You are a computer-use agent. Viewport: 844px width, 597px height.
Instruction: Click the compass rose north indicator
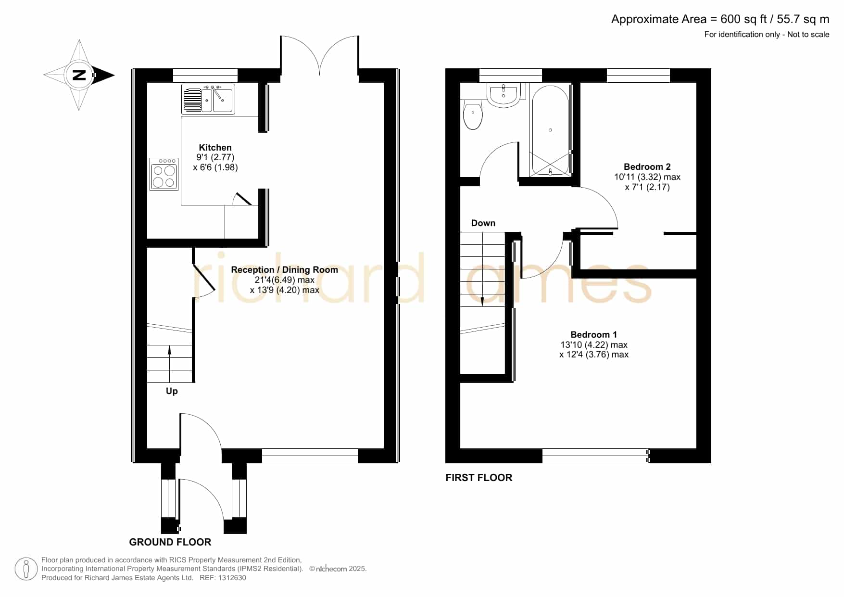pos(79,75)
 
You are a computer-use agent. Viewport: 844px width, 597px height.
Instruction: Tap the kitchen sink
pos(208,99)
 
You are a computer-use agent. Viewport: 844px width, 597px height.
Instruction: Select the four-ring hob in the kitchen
pos(164,174)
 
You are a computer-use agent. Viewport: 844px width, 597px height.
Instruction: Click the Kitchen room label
pos(215,148)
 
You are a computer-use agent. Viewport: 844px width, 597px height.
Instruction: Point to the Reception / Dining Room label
pos(285,270)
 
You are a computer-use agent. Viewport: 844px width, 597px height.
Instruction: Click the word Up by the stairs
pos(172,391)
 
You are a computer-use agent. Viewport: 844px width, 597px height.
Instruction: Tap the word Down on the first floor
pos(483,223)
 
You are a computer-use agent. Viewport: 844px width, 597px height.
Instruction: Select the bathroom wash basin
pos(503,94)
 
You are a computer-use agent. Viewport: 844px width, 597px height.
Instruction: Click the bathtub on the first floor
pos(550,130)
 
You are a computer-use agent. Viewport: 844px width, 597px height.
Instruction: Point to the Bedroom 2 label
pos(647,167)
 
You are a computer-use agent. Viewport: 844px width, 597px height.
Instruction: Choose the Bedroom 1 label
pos(594,335)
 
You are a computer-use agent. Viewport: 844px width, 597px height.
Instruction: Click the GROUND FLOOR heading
pos(170,542)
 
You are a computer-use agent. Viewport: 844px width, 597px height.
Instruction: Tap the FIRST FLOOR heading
pos(479,478)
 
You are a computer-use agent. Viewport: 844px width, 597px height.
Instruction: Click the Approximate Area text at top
pos(720,19)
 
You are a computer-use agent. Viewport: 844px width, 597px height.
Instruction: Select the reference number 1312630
pos(233,578)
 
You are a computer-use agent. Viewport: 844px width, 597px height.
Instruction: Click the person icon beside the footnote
pos(26,569)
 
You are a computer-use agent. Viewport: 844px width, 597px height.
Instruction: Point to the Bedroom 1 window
pos(595,456)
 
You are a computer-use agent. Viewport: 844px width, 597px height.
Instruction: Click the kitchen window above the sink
pos(205,76)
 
